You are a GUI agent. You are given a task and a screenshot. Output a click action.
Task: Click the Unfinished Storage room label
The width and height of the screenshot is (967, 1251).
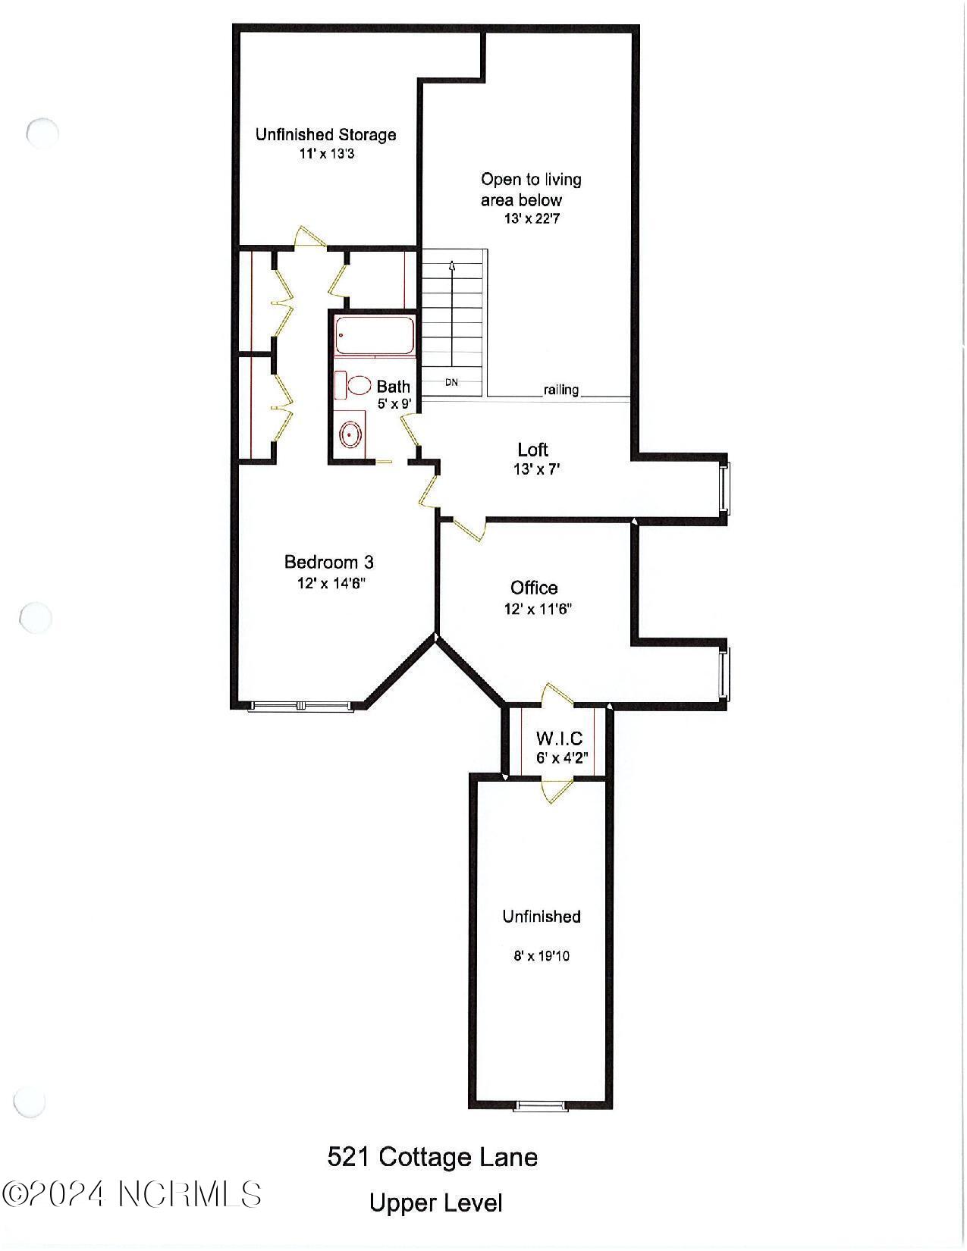click(x=325, y=134)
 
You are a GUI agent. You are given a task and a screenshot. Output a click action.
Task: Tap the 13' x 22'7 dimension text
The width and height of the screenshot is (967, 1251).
click(x=532, y=219)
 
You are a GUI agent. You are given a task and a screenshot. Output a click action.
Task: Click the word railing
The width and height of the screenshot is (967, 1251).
click(x=560, y=390)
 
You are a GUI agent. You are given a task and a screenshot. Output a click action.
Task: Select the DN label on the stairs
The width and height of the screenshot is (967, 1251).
click(x=451, y=382)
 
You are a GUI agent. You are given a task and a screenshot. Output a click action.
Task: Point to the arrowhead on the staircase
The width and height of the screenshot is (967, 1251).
click(x=452, y=266)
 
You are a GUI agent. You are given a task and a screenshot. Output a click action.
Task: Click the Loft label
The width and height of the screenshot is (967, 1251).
click(x=532, y=450)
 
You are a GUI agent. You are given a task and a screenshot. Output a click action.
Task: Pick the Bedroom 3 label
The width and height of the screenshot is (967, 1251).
click(x=328, y=562)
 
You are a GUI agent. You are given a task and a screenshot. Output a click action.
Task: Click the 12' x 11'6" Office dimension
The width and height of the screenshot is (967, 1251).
click(x=537, y=609)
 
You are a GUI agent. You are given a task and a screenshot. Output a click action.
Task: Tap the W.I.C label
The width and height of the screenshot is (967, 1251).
click(x=559, y=738)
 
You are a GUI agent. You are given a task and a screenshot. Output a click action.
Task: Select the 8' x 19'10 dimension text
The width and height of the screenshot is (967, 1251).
click(x=542, y=956)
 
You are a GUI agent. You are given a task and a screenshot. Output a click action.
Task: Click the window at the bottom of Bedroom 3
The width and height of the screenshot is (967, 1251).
click(x=301, y=706)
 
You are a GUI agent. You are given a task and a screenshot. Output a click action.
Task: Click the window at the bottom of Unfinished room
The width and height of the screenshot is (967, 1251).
click(x=541, y=1106)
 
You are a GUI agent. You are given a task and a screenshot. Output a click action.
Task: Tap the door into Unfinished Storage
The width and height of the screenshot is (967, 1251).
click(x=310, y=237)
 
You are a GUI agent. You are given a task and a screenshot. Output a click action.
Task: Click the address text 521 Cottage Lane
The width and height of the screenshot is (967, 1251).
click(x=432, y=1157)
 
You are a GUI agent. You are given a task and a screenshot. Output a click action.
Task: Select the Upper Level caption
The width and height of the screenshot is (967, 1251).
click(x=435, y=1203)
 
